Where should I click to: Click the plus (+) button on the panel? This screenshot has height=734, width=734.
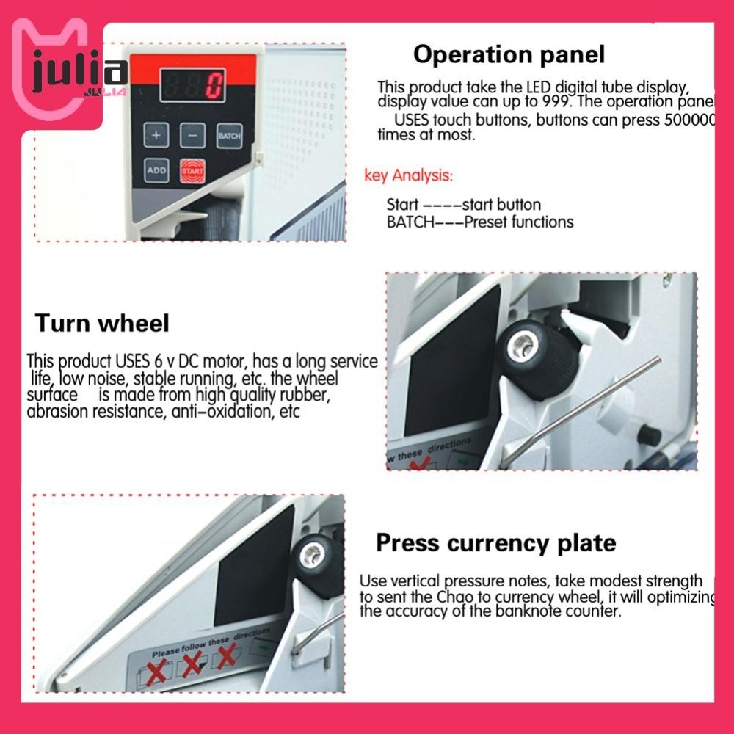156,136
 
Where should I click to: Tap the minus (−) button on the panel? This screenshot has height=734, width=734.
192,136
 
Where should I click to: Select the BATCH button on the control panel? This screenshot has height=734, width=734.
229,136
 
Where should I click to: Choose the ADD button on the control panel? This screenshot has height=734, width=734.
156,170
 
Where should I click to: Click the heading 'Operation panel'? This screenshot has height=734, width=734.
509,54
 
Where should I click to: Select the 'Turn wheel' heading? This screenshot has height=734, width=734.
102,323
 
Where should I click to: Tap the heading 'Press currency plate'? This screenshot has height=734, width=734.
495,543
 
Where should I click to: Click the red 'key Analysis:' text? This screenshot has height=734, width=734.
409,175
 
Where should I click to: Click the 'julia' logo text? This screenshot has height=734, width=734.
81,73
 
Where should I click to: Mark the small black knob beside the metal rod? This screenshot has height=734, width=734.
649,435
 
